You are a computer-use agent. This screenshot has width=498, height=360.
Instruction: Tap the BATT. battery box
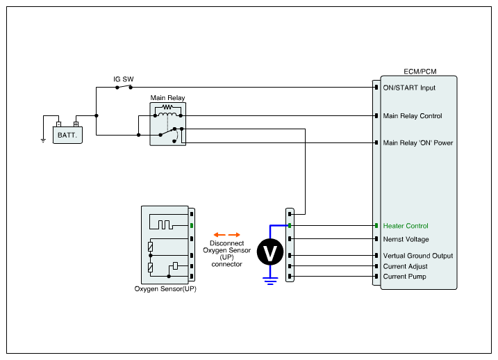coord(67,134)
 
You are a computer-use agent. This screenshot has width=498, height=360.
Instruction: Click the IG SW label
coord(124,80)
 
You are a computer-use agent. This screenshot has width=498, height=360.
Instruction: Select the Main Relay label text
coord(167,98)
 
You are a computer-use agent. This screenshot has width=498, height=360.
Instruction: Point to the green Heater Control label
coord(406,226)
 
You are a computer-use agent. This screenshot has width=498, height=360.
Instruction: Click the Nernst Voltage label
coord(406,239)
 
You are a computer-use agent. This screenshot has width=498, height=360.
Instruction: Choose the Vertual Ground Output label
coord(417,256)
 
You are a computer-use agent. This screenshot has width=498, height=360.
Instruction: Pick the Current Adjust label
coord(405,266)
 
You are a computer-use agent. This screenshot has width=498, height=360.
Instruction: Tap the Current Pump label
coord(404,277)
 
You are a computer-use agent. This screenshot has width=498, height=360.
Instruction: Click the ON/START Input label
coord(409,88)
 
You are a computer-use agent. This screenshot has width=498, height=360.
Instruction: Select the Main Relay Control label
coord(413,116)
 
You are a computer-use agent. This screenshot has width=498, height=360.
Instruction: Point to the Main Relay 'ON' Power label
coord(417,143)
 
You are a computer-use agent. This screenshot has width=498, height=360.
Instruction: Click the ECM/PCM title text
coord(420,72)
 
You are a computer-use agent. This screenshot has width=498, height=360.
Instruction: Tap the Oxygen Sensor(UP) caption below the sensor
coord(165,288)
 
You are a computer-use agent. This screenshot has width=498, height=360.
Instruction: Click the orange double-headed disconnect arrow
coord(227,234)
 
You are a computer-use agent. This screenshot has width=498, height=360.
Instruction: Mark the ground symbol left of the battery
coord(43,140)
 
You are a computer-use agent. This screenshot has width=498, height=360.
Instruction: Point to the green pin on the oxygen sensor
coord(192,225)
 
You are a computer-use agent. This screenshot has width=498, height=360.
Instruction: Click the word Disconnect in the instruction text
coord(227,243)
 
